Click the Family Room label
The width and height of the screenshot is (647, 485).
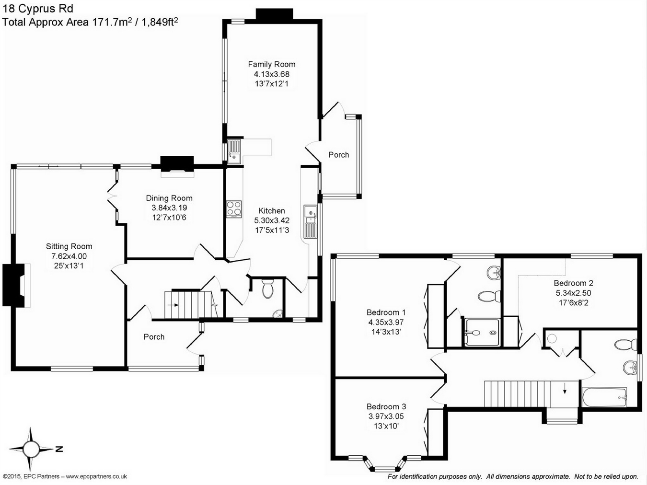(x=271, y=64)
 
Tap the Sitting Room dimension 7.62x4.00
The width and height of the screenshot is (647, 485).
(x=69, y=256)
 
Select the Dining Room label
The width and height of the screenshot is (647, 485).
(x=169, y=198)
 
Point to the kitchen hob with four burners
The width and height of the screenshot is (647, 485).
(x=234, y=209)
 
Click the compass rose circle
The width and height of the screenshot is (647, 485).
(x=30, y=449)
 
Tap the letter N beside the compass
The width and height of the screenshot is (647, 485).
(x=59, y=449)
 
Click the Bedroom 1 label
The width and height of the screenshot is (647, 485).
(x=386, y=312)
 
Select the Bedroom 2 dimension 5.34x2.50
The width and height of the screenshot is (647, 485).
(x=573, y=293)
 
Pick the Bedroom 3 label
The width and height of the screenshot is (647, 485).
(x=386, y=406)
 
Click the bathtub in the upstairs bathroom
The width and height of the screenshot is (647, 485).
(x=604, y=397)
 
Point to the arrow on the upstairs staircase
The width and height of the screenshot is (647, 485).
(x=565, y=389)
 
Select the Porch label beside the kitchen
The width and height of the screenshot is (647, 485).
(x=339, y=155)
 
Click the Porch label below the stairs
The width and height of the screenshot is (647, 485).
(x=154, y=337)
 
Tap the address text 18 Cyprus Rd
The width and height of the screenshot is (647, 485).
(x=38, y=9)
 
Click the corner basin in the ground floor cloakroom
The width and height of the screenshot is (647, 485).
(x=278, y=314)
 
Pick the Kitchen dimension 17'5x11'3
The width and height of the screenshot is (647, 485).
(x=272, y=230)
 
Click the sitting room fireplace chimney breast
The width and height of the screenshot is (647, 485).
(x=13, y=285)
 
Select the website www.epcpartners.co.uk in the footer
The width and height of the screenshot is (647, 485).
(x=96, y=476)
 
